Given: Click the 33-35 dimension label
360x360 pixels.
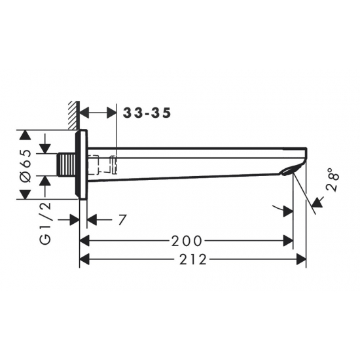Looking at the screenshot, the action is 147,113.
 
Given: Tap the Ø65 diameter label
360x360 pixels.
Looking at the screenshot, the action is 26,166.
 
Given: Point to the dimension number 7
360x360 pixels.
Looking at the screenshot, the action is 122,220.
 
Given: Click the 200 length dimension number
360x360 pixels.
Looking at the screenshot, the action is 187,241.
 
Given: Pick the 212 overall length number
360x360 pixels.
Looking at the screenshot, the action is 193,260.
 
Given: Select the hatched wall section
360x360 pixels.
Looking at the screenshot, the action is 74,115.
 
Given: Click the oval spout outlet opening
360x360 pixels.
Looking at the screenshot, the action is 291,171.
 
